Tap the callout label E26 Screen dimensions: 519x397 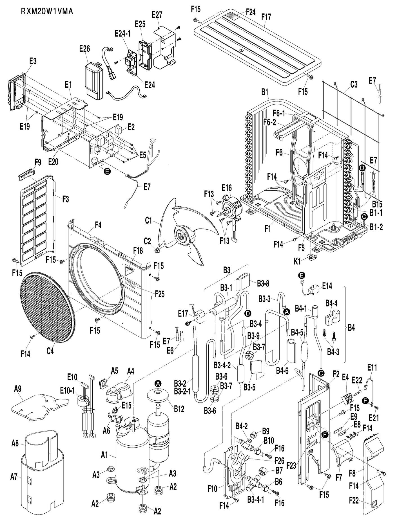pos(84,49)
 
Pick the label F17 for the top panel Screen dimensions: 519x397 pos(266,17)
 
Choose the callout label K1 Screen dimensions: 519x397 pos(297,261)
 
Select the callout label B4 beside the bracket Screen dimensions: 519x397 pos(351,328)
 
